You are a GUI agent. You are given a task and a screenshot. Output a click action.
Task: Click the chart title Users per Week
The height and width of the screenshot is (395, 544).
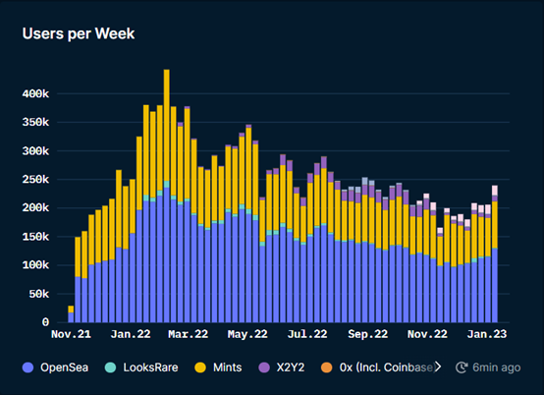tap(79, 33)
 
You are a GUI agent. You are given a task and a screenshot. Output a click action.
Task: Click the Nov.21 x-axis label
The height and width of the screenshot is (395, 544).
tap(72, 335)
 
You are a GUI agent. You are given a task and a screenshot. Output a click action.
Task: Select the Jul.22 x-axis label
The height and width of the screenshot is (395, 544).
tap(307, 335)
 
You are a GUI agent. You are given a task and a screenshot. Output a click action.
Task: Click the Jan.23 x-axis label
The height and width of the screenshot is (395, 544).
tap(487, 335)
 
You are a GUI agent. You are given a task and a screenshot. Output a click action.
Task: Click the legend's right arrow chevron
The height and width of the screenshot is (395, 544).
tap(438, 367)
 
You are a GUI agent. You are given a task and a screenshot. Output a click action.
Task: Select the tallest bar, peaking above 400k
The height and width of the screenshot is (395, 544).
tap(166, 197)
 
